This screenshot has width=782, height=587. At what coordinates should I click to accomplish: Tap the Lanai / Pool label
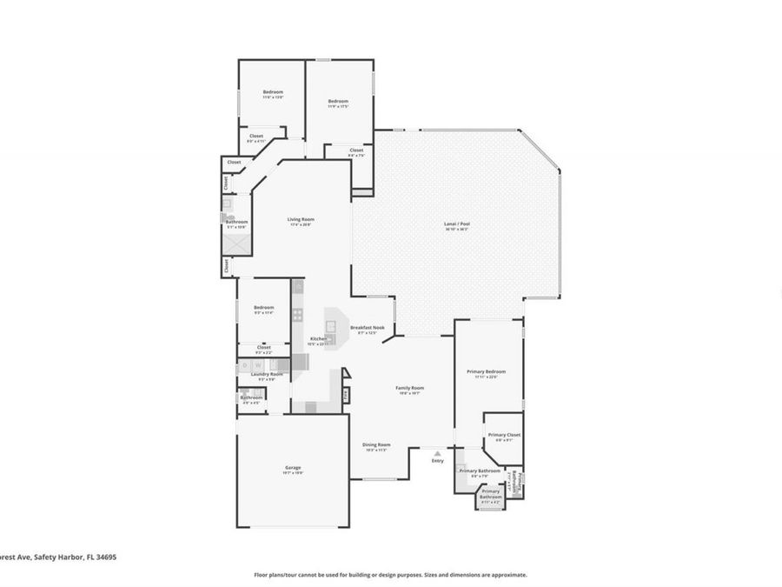point(456,224)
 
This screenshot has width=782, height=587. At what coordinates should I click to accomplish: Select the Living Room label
point(301,219)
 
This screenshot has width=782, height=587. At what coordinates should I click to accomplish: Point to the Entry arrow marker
point(437,453)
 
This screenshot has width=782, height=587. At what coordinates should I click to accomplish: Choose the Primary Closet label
point(504,435)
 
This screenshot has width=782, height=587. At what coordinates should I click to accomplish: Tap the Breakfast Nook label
point(368,328)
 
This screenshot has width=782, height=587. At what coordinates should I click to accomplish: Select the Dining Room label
point(376,444)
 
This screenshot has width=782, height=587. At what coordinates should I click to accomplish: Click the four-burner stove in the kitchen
point(297,315)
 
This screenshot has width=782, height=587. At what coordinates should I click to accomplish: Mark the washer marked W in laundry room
point(258,365)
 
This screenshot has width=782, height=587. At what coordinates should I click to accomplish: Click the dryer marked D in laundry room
point(245,365)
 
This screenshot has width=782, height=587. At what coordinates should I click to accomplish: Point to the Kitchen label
point(319,338)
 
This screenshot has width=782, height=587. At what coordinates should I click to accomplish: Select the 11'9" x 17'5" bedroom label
point(338,102)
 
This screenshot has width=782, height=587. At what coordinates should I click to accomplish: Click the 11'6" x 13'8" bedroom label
point(273,92)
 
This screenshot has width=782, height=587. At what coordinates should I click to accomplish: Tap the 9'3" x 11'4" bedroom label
point(264,307)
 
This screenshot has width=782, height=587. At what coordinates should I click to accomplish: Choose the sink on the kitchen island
point(329,339)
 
